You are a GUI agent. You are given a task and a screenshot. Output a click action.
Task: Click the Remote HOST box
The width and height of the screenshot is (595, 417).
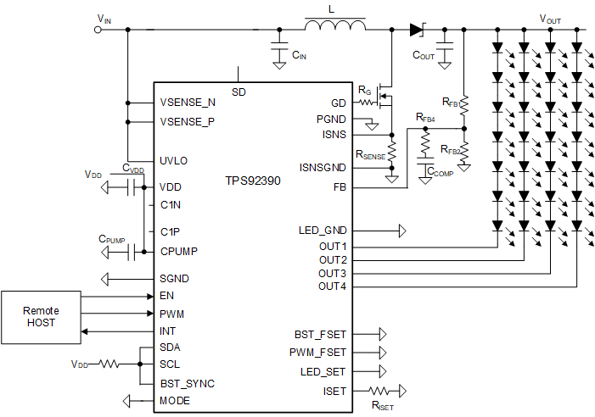point(42,317)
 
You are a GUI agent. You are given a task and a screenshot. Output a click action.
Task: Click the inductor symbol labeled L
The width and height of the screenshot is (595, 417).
point(335,28)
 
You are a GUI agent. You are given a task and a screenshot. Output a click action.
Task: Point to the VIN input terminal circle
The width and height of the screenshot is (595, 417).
point(98,30)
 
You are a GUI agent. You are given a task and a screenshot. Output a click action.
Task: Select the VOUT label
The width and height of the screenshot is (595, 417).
point(550,18)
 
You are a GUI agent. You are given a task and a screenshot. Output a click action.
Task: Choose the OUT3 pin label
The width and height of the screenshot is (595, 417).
point(333,273)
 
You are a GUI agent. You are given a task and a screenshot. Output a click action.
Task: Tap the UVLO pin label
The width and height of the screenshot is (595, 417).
point(173,160)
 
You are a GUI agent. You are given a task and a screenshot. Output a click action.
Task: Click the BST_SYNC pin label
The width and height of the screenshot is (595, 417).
point(187,383)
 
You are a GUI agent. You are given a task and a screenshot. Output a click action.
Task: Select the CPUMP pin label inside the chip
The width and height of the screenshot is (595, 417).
point(178,251)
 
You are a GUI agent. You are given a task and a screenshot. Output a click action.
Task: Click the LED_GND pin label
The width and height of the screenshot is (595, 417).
point(323,230)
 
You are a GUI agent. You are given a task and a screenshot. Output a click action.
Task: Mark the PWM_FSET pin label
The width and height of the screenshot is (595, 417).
point(317,352)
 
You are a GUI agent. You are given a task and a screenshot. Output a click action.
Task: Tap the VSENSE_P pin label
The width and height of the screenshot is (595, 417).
point(188,121)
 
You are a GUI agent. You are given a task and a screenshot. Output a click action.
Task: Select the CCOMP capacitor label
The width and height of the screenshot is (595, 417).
point(440,172)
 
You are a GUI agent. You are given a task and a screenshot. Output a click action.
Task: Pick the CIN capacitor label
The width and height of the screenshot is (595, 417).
point(300,55)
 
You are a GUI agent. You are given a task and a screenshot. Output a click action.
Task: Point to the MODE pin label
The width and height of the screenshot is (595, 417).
point(175,400)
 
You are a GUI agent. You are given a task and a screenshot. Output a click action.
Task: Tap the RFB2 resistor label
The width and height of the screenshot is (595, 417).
point(451,150)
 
